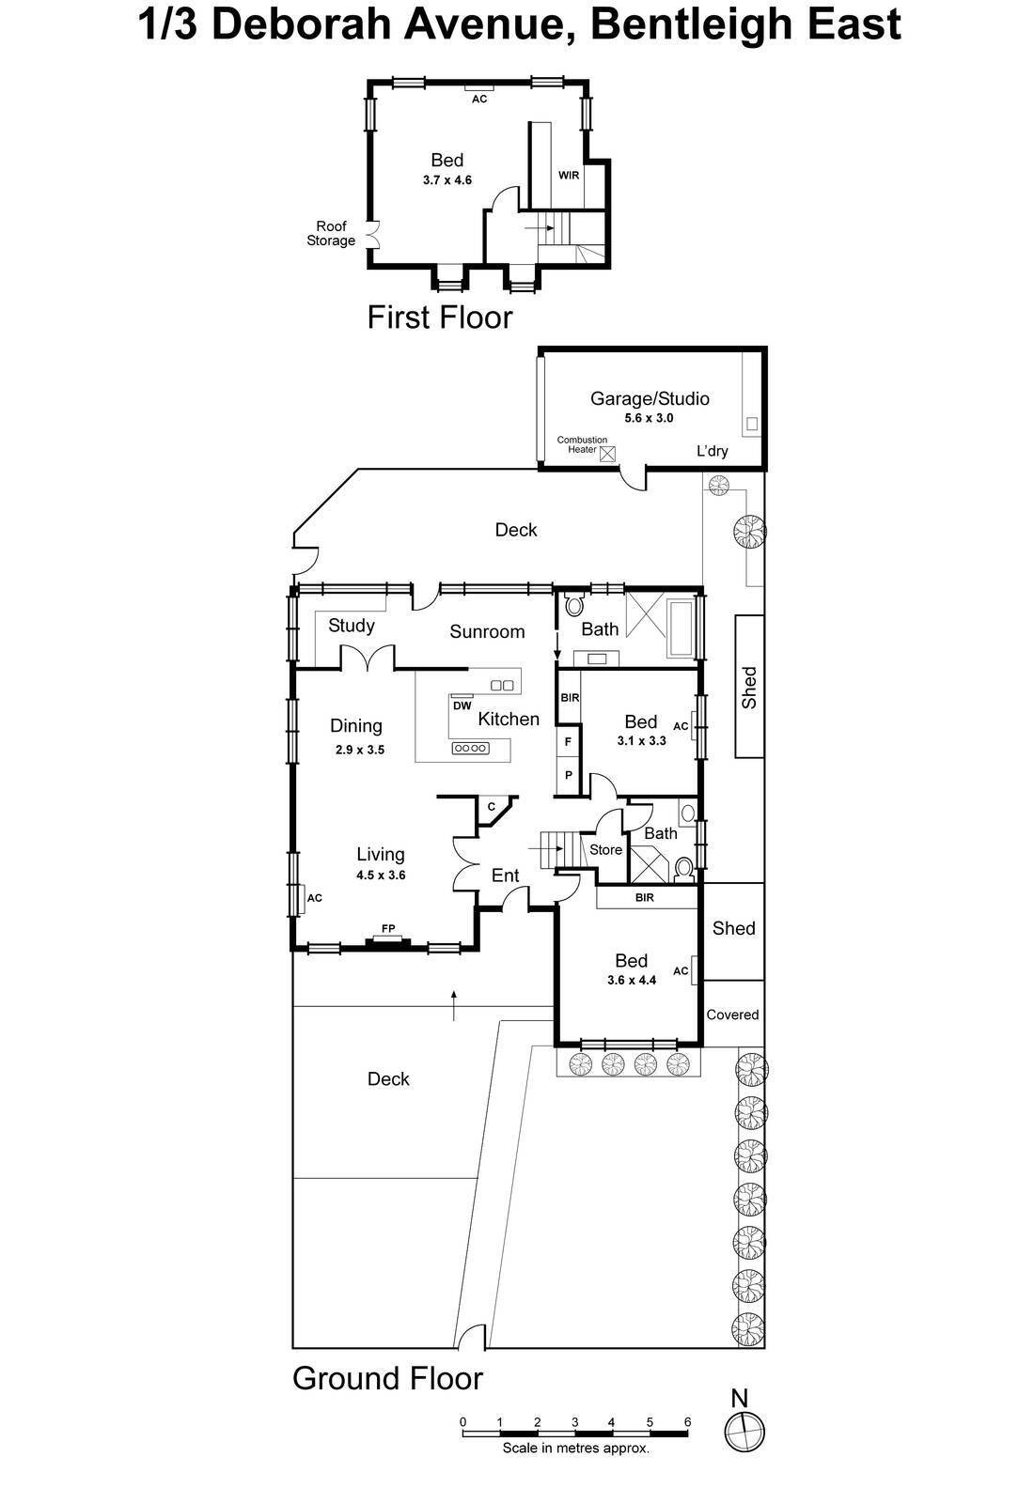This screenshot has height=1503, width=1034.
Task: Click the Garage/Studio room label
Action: [x=650, y=398]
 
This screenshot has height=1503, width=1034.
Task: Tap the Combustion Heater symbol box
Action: [x=607, y=454]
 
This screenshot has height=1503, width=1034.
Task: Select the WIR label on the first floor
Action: [x=569, y=175]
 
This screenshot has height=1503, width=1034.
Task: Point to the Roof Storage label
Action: [x=331, y=234]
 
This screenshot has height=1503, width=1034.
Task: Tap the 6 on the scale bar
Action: [x=687, y=1422]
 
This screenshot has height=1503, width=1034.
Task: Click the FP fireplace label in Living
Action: [x=388, y=928]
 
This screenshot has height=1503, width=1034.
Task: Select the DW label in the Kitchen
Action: [x=462, y=705]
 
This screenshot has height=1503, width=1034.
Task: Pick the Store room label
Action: [x=605, y=849]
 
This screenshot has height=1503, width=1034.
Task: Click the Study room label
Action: [x=352, y=626]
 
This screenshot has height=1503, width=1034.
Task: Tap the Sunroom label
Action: [x=487, y=631]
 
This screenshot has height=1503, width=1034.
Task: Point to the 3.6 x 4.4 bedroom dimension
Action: [x=631, y=980]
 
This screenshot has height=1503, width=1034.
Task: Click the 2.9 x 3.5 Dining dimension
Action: [x=360, y=750]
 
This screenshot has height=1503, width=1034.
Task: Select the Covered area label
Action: [x=732, y=1015]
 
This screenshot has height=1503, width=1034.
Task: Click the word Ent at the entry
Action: [x=505, y=875]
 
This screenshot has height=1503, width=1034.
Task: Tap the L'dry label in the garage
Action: [x=712, y=451]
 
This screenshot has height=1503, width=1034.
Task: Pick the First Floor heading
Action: [x=440, y=317]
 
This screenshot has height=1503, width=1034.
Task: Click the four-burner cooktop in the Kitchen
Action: [x=471, y=748]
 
